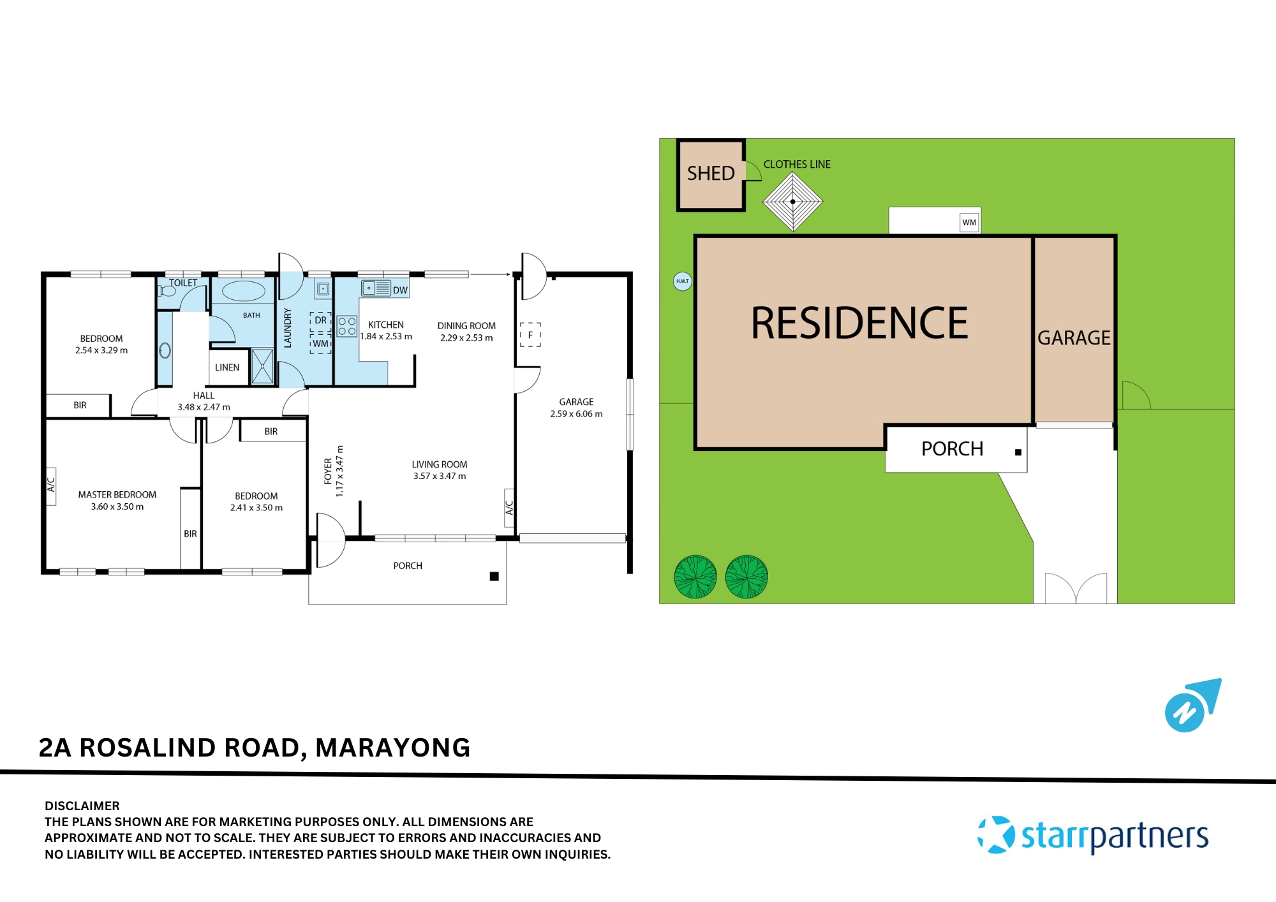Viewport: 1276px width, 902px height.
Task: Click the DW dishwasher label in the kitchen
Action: tap(400, 290)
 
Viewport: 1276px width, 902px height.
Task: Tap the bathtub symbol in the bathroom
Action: tap(243, 292)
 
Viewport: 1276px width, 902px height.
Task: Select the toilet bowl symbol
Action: tap(168, 291)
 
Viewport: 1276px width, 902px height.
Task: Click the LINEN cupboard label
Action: tap(227, 367)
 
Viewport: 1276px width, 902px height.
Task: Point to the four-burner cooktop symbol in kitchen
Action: tap(347, 327)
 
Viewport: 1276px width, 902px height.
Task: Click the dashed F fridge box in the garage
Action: tap(530, 334)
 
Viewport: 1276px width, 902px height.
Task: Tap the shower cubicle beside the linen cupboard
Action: tap(262, 366)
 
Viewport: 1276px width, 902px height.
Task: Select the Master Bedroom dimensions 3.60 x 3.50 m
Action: tap(117, 506)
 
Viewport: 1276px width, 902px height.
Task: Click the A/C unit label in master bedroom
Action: tap(51, 485)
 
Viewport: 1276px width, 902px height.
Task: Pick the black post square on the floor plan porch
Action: tap(494, 576)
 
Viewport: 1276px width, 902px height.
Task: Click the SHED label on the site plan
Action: tap(711, 174)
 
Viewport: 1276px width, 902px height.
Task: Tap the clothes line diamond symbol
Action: tap(792, 202)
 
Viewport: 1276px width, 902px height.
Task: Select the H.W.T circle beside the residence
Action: tap(683, 281)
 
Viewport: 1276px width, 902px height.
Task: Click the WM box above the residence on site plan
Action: tap(969, 223)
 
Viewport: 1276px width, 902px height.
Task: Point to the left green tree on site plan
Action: tap(695, 577)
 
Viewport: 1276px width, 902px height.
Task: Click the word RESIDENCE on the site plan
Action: tap(859, 323)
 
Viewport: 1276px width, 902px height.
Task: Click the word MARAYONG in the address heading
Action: tap(393, 748)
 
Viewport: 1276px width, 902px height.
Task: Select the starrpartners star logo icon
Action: tap(996, 834)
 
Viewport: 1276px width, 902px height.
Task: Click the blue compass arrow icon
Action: tap(1192, 706)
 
